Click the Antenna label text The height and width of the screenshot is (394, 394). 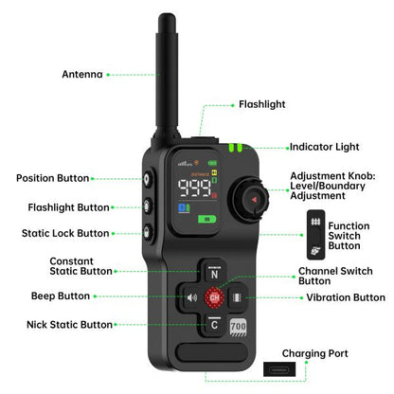tap(81, 73)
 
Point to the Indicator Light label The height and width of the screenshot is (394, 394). tap(325, 147)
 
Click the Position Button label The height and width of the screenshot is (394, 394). tap(53, 177)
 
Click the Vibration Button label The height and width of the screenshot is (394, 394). tap(345, 296)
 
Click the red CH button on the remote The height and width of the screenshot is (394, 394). tap(215, 297)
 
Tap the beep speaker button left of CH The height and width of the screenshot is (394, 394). tap(193, 297)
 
